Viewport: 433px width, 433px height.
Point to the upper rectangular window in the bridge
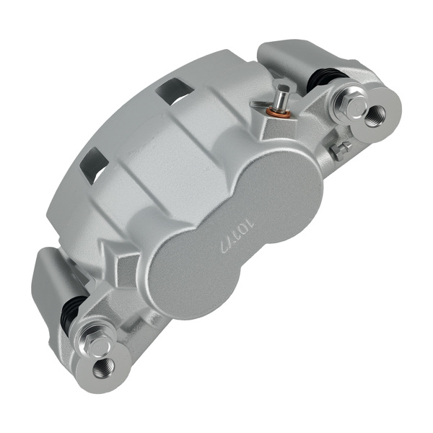[x=174, y=91]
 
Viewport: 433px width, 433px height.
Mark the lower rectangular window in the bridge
[x=92, y=164]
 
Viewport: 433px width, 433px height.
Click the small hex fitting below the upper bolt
[x=341, y=149]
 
